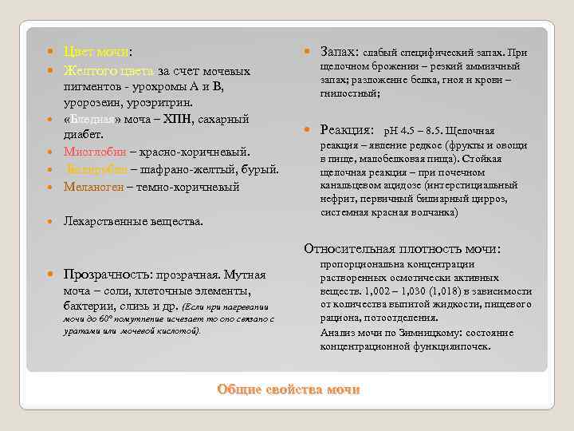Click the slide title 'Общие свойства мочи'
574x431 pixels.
click(289, 389)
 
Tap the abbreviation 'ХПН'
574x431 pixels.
click(202, 119)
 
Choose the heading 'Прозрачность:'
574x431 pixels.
click(111, 274)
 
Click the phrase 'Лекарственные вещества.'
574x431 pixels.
click(134, 220)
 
